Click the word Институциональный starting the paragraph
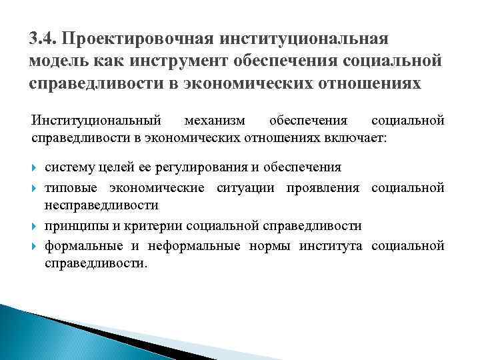pyautogui.click(x=97, y=121)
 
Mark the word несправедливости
pyautogui.click(x=101, y=206)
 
